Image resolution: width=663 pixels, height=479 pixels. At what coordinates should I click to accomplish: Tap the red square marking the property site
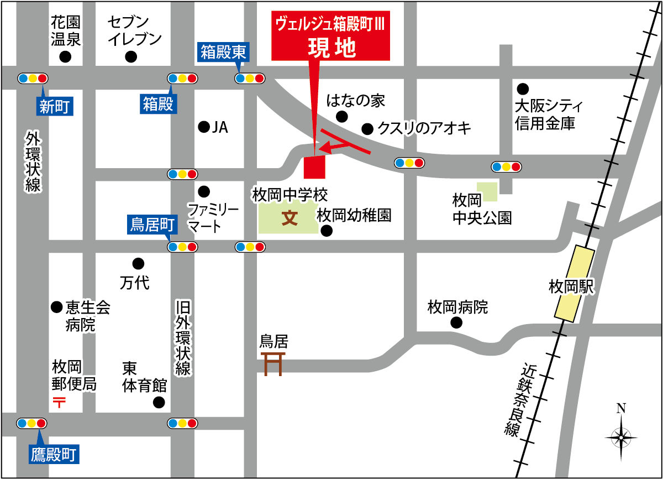pyautogui.click(x=315, y=167)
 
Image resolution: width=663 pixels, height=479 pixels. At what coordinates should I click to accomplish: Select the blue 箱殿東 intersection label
pyautogui.click(x=223, y=53)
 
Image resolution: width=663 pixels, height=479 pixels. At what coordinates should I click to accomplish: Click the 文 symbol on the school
pyautogui.click(x=290, y=218)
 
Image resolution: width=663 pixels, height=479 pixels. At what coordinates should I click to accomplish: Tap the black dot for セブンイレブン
pyautogui.click(x=131, y=56)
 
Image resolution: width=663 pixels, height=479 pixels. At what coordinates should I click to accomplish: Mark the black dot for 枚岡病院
pyautogui.click(x=456, y=323)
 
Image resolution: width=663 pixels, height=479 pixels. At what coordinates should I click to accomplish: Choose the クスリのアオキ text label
pyautogui.click(x=424, y=128)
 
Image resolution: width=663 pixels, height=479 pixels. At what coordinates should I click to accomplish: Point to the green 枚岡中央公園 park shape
pyautogui.click(x=487, y=191)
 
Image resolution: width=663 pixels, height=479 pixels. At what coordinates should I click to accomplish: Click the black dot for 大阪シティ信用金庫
pyautogui.click(x=522, y=88)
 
